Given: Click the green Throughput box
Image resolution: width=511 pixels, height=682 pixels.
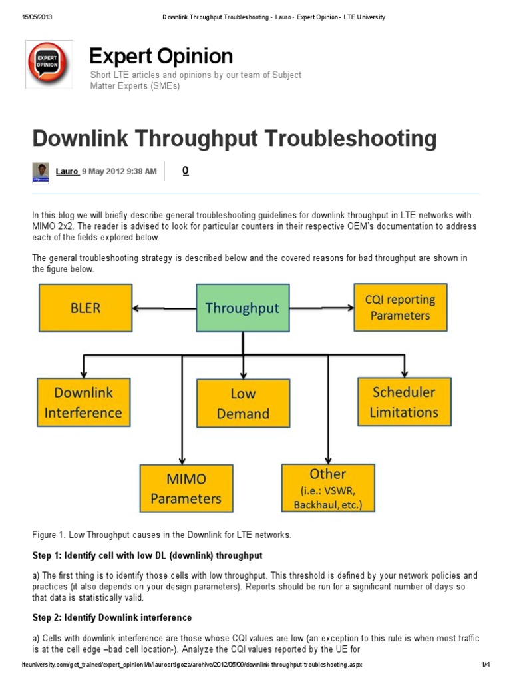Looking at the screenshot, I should click(x=242, y=308).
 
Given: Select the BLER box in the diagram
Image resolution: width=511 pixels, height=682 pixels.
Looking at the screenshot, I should click(x=86, y=308).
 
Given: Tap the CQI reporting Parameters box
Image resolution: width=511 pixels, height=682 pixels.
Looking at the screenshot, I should click(x=401, y=307).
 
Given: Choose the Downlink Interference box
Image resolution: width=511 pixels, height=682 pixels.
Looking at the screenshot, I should click(x=83, y=402).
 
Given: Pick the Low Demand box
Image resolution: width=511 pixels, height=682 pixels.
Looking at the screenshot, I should click(x=243, y=404).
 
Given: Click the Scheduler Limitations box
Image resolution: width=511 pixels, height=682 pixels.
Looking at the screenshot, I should click(x=404, y=402).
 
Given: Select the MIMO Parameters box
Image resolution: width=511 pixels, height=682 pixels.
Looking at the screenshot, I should click(x=186, y=488).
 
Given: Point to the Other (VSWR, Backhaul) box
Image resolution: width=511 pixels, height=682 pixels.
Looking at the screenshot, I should click(x=328, y=488).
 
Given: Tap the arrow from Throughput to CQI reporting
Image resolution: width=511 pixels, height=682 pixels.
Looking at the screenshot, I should click(x=322, y=308).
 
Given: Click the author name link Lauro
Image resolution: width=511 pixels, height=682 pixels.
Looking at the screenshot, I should click(x=67, y=171).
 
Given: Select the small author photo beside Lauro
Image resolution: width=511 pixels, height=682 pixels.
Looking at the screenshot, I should click(x=41, y=172).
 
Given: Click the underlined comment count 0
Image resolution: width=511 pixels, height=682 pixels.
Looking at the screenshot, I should click(x=185, y=170).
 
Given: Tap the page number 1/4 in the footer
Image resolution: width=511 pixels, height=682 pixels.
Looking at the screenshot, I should click(x=485, y=665).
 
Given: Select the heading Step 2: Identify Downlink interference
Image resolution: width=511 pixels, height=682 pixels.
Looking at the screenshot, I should click(x=112, y=617).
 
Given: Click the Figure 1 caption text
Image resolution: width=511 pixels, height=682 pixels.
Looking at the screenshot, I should click(x=162, y=535).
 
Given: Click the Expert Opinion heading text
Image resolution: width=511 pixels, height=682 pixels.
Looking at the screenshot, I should click(x=161, y=56).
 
